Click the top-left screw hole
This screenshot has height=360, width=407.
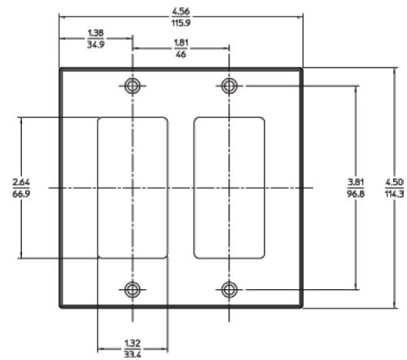pos(133,86)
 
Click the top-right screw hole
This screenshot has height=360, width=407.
pos(230,86)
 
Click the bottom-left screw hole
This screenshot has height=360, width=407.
pos(133,288)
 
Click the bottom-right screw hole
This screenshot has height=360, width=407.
pos(230,288)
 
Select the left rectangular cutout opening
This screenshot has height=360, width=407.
pos(133,187)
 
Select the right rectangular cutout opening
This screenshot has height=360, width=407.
pos(230,187)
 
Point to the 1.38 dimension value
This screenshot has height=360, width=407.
pos(95,33)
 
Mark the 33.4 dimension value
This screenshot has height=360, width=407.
pos(133,354)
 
